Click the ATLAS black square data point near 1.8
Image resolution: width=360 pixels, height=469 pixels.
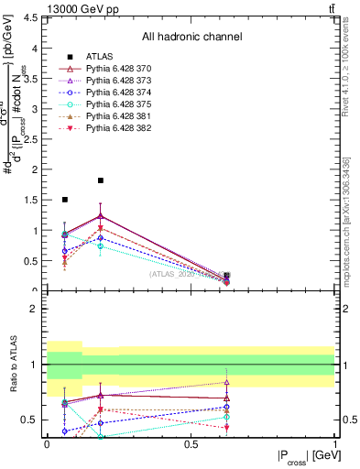coord(101,180)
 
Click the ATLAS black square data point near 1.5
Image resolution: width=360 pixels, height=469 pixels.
coord(64,199)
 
